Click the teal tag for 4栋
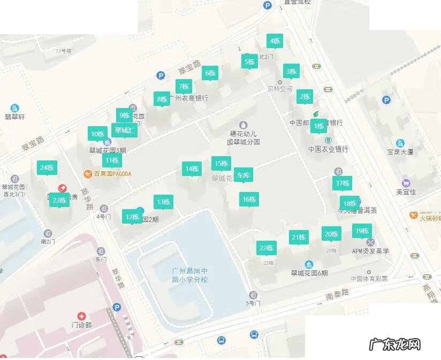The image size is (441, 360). point(275,41)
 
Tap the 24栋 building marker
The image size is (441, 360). point(47,167)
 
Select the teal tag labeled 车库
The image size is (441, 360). point(243,175)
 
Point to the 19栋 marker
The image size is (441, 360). point(362,231)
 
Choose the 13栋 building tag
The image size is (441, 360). point(163,202)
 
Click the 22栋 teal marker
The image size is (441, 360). point(266,248)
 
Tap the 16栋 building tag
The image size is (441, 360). point(249,199)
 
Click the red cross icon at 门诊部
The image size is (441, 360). point(81,316)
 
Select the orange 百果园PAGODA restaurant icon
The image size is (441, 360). point(88,173)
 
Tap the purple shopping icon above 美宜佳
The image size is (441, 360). point(406,183)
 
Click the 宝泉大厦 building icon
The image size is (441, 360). point(400,143)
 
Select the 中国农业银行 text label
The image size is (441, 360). point(328,149)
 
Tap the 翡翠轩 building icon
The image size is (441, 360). point(14,108)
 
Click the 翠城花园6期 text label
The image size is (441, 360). point(309,273)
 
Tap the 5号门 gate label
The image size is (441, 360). point(253,303)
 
